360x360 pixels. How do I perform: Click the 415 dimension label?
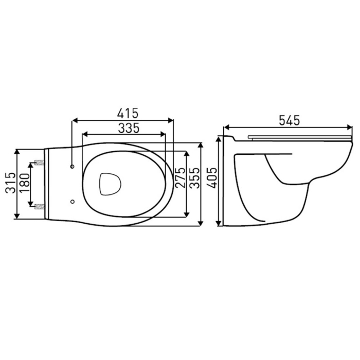(122, 113)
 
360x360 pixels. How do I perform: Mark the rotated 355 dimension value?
(193, 178)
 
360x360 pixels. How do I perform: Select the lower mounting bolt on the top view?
(38, 207)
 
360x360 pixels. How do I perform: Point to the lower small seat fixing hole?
(72, 201)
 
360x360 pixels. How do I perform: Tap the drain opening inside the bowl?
(109, 184)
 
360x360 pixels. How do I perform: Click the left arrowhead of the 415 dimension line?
(74, 120)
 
